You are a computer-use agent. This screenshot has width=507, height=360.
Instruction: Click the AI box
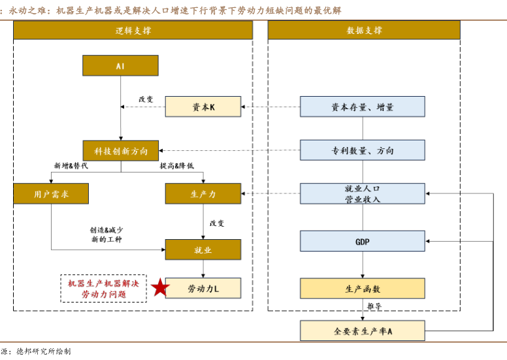tap(120, 66)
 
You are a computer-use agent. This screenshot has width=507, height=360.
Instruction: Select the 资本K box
tap(203, 107)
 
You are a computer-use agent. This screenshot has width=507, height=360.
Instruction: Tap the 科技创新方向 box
tap(121, 151)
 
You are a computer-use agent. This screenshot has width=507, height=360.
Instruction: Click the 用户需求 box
tap(51, 194)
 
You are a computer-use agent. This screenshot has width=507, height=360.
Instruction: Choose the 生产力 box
tap(203, 194)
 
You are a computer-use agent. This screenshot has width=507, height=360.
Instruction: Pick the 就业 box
tap(203, 250)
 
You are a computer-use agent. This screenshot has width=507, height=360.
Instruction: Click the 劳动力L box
tap(203, 288)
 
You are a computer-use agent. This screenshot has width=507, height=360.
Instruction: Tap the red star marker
tap(159, 287)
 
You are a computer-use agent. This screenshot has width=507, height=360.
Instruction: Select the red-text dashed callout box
tap(104, 288)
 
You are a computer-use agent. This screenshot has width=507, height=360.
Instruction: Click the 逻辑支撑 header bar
tap(133, 31)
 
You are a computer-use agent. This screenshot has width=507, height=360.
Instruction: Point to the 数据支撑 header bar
tap(363, 31)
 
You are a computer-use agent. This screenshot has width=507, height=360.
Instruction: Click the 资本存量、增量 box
tap(362, 107)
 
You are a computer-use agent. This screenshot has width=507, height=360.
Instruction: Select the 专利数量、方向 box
tap(362, 151)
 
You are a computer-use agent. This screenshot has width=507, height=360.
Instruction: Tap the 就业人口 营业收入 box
tap(362, 194)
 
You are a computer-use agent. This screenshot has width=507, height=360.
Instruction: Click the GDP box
tap(362, 241)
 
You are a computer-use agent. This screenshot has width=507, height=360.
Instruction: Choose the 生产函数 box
tap(362, 288)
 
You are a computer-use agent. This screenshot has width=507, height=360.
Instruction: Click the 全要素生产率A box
tap(362, 331)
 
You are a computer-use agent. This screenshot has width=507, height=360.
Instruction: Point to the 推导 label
tap(374, 306)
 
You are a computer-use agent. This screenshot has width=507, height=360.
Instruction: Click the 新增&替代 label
tap(71, 166)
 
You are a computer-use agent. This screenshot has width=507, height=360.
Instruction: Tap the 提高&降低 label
tap(176, 166)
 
